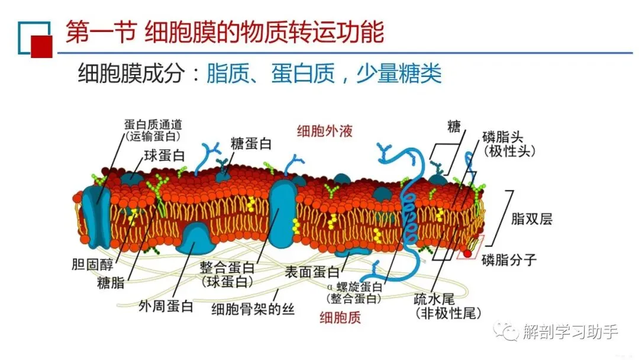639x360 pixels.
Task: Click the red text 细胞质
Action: pyautogui.click(x=340, y=317)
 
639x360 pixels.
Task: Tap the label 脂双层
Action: pyautogui.click(x=531, y=219)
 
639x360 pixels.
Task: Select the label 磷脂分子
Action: pyautogui.click(x=508, y=259)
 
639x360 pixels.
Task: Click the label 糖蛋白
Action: pyautogui.click(x=251, y=143)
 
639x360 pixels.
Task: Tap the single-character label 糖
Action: pyautogui.click(x=454, y=126)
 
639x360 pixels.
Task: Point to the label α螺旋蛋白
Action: pyautogui.click(x=357, y=288)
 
